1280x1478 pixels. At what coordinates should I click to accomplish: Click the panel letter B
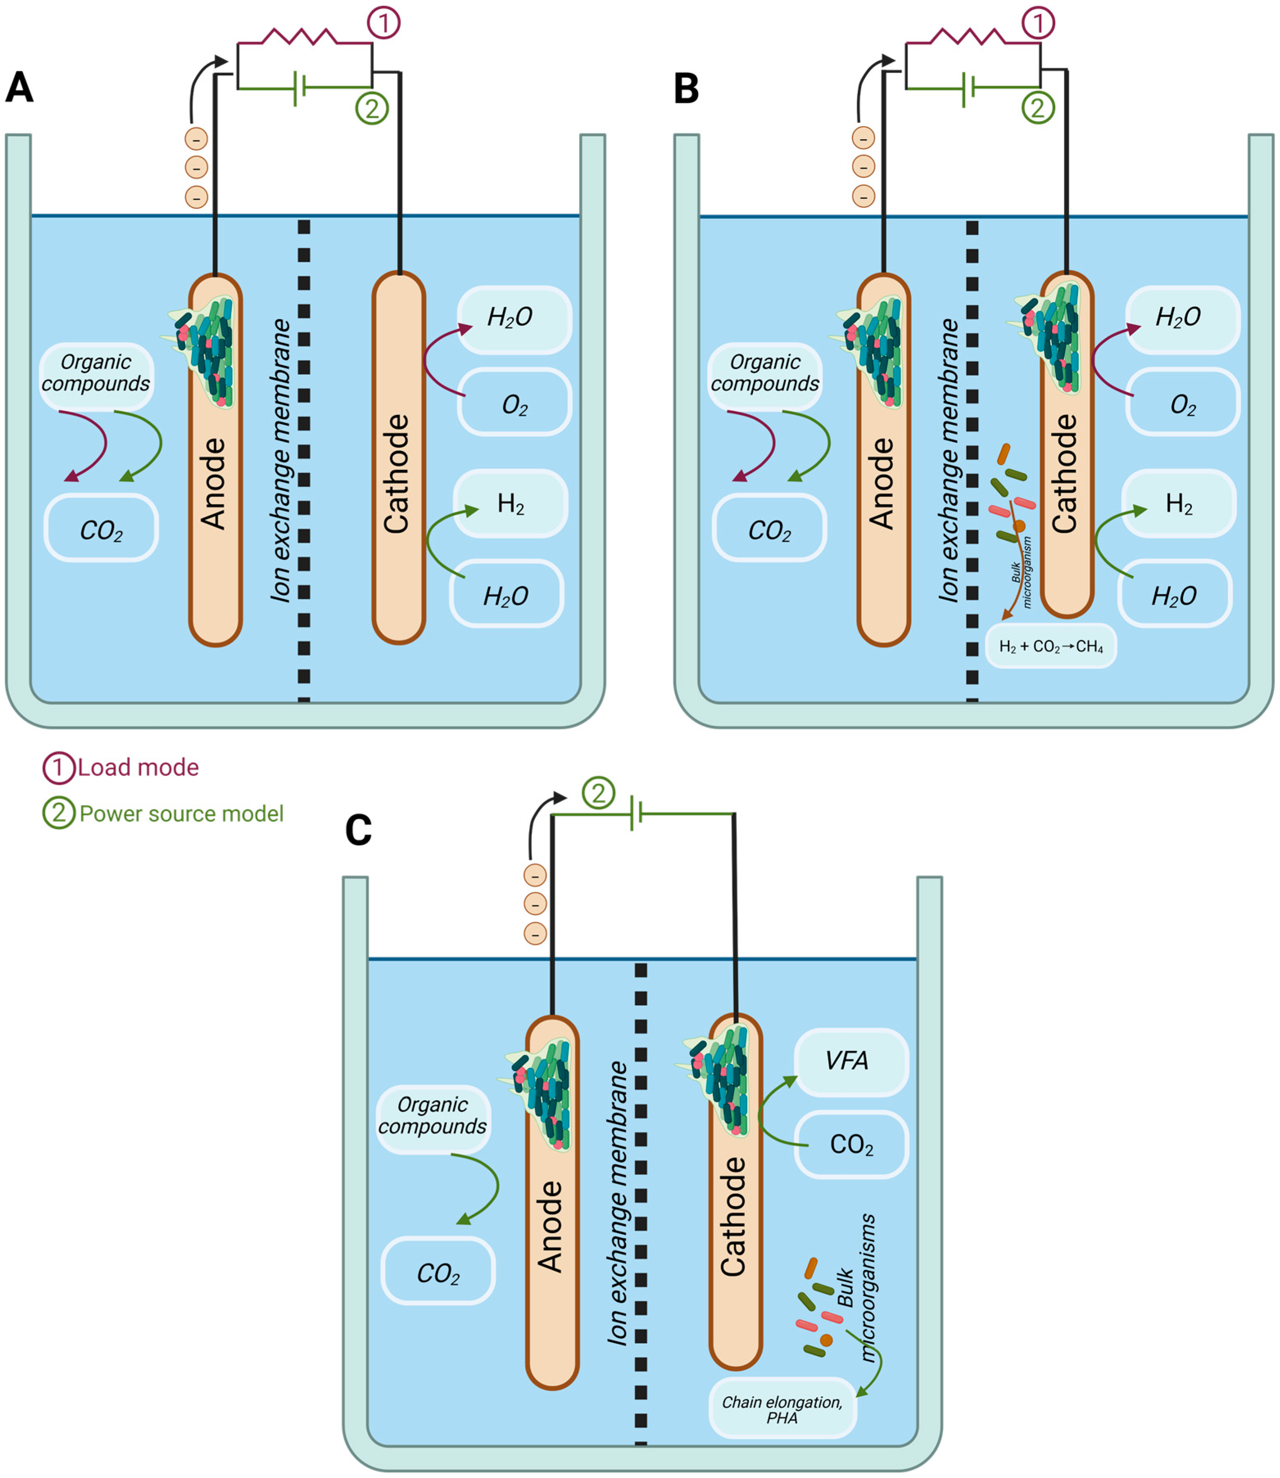point(686,88)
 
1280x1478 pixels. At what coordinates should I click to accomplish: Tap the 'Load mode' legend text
point(138,767)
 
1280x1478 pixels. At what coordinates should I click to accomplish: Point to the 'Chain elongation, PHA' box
point(782,1410)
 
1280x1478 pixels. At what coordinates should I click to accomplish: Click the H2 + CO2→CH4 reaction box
point(1050,647)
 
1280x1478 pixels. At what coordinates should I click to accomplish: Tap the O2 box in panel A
point(514,404)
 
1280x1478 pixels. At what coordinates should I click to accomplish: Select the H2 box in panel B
point(1178,504)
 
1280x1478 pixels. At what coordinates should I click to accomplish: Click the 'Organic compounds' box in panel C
point(433,1116)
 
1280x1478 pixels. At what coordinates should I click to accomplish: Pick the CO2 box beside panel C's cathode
point(851,1144)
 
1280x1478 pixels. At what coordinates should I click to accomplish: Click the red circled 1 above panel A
point(384,23)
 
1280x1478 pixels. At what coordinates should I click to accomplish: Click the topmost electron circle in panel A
point(197,138)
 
